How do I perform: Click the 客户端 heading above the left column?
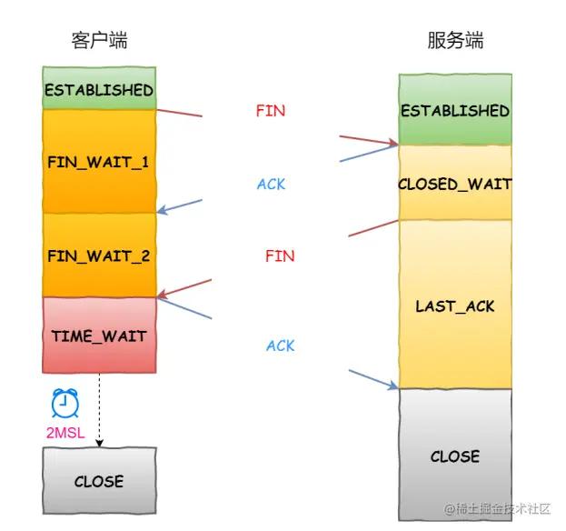tap(99, 41)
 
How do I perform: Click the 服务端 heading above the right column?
tap(455, 41)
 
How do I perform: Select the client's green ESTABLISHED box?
tap(99, 89)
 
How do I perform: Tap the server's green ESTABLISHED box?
tap(454, 110)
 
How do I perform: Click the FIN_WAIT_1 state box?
tap(99, 162)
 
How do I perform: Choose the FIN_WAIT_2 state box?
tap(99, 255)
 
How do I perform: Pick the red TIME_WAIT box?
tap(99, 336)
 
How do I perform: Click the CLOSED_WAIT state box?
tap(454, 184)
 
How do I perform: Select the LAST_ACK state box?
tap(454, 306)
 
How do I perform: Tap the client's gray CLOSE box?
tap(99, 481)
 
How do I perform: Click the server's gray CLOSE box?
tap(454, 456)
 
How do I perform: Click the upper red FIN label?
tap(270, 111)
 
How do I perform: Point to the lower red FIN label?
tap(280, 256)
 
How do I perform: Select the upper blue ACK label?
tap(271, 185)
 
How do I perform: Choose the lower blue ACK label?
tap(281, 346)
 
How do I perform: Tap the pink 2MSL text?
tap(65, 433)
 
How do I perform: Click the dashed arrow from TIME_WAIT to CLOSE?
tap(99, 409)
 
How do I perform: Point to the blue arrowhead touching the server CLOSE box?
tap(393, 386)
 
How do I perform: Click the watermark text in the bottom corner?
tap(497, 508)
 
